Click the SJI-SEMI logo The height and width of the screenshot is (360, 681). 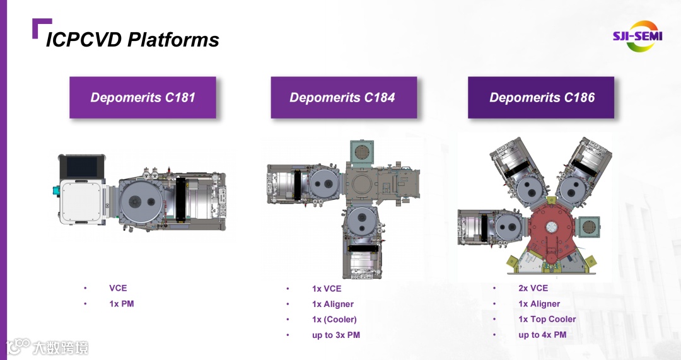(637, 36)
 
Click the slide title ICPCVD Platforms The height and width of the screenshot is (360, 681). (132, 40)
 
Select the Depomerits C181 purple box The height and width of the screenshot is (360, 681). (143, 98)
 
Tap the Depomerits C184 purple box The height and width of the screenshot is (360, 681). (344, 98)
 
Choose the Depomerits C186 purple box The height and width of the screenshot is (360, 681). (541, 98)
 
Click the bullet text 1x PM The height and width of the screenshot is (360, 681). (122, 304)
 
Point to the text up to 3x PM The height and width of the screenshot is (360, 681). (336, 335)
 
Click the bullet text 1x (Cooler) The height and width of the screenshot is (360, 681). (334, 320)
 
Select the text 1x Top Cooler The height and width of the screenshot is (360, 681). (547, 319)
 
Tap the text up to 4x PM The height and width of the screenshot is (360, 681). (542, 335)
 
